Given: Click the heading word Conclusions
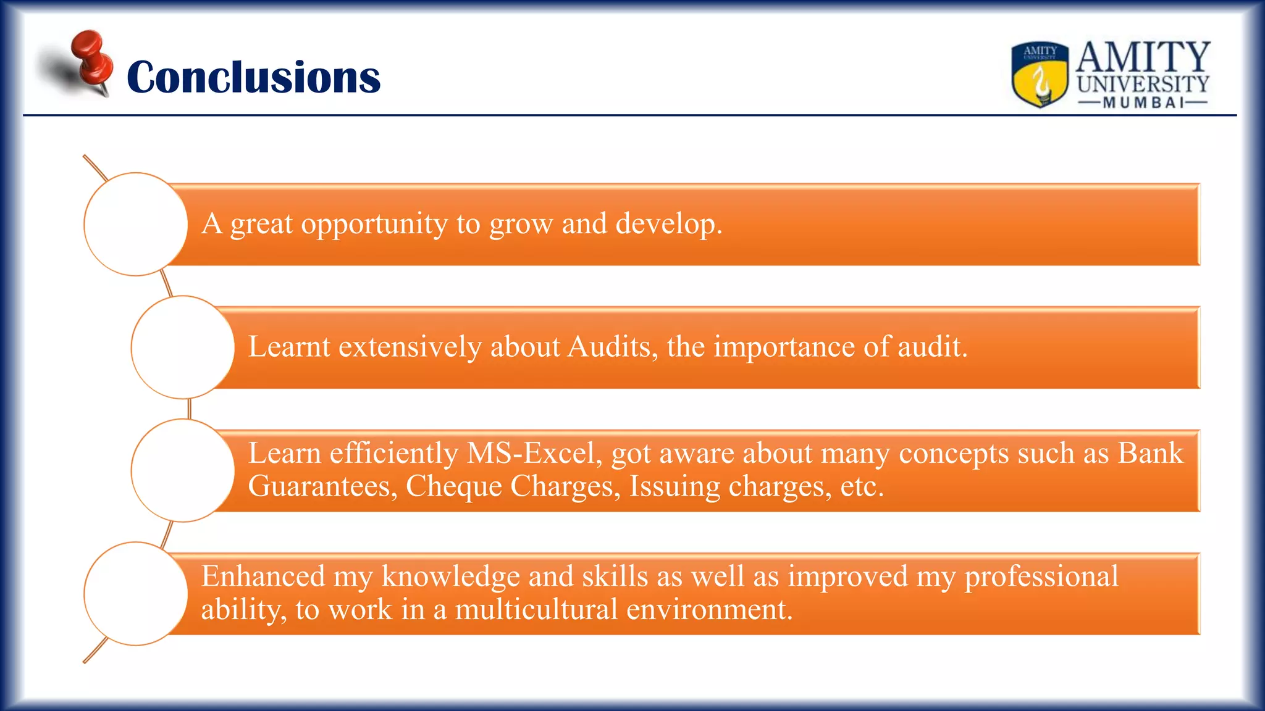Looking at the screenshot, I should point(253,78).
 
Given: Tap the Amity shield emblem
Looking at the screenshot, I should point(1040,74).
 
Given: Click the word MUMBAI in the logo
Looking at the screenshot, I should point(1143,102).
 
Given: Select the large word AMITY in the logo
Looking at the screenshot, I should point(1143,57).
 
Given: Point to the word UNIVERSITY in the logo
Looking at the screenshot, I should point(1143,84).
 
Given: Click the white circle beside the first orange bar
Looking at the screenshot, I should point(135,224).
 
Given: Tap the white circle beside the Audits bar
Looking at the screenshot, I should point(183,347).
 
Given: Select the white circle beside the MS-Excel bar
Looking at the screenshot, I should point(183,470).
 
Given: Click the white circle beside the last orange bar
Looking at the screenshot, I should point(135,594).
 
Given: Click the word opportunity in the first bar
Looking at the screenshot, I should point(374,224).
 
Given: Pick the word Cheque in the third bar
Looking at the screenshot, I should point(453,486).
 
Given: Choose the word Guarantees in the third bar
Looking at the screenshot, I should point(322,486).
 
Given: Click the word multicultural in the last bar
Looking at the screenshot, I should point(536,610).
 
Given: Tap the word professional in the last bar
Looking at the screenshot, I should point(1041,576).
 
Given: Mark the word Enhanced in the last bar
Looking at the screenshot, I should point(263,576).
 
